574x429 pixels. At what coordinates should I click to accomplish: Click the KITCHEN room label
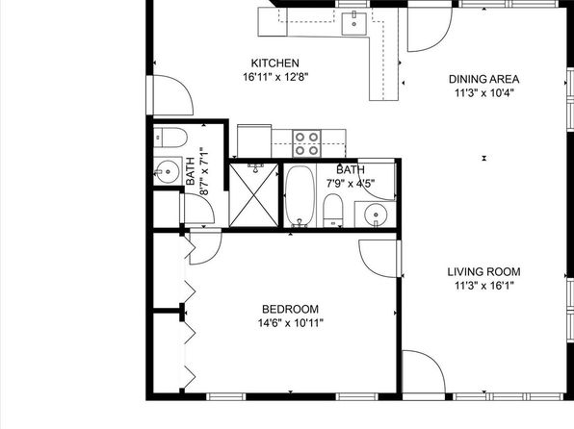pos(274,63)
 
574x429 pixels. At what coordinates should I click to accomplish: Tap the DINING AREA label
pos(483,80)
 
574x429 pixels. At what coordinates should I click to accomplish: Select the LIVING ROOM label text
pos(483,272)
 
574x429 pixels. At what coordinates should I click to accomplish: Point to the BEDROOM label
pos(290,310)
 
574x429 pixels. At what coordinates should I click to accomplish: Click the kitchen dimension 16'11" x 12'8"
pos(275,77)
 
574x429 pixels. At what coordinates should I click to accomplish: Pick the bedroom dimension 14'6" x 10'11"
pos(291,323)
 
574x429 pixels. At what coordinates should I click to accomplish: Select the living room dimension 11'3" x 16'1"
pos(484,286)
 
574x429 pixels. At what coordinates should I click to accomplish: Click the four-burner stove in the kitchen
pos(307,143)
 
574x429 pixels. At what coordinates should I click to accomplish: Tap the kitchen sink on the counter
pos(354,23)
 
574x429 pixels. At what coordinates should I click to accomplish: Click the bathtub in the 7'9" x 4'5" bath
pos(300,196)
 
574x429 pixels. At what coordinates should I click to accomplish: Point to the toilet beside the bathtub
pos(333,211)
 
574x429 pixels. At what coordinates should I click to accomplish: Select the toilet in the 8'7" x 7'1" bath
pos(170,138)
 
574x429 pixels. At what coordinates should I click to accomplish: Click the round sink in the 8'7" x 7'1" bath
pos(168,171)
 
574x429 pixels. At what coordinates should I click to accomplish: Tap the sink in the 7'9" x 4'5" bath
pos(375,214)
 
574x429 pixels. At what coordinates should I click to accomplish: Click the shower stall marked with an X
pos(254,195)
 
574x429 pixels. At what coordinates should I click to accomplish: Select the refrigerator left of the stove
pos(254,140)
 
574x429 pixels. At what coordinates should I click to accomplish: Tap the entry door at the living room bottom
pos(424,372)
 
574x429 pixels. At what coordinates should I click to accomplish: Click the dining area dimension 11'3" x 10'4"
pos(484,93)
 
